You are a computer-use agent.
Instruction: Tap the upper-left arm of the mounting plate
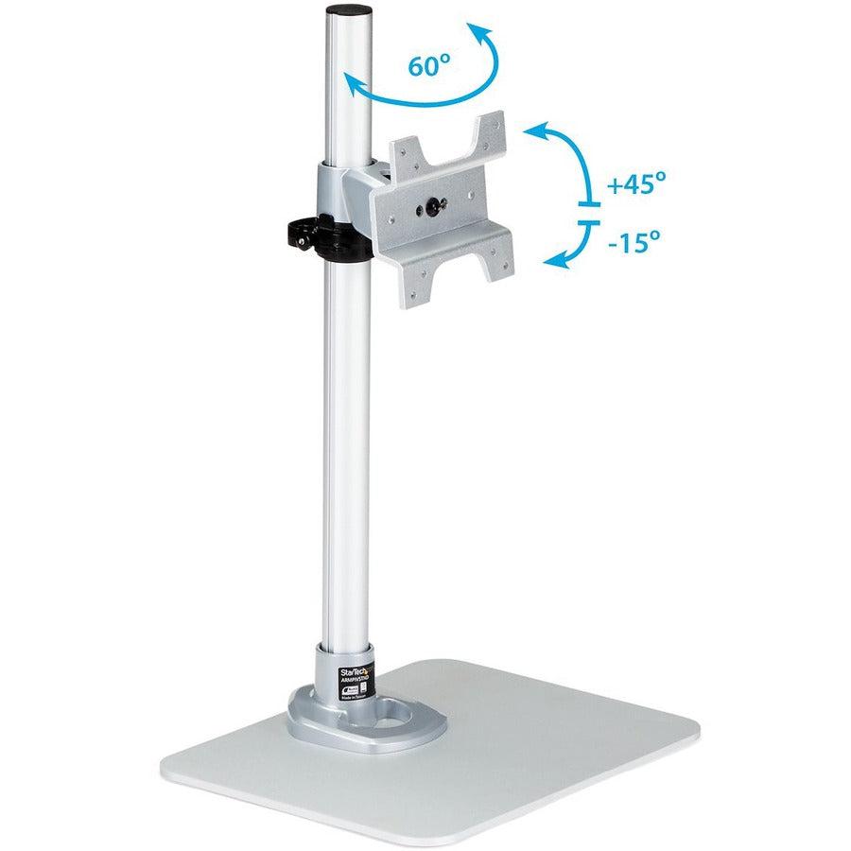pyautogui.click(x=413, y=150)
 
